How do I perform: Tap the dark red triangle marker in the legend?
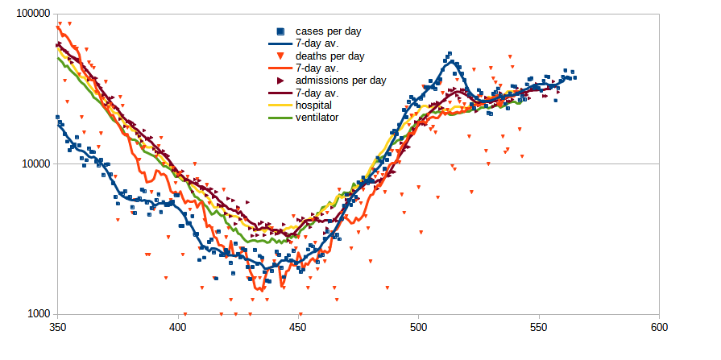point(280,81)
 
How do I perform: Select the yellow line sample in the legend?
point(280,105)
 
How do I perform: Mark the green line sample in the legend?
point(280,117)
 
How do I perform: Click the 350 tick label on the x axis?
point(57,328)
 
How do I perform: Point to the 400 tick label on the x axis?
point(177,328)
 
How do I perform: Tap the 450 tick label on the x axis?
point(298,328)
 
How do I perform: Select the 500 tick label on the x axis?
point(418,328)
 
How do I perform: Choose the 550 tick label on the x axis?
point(539,328)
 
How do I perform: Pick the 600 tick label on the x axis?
point(659,328)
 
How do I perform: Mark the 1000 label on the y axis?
point(37,314)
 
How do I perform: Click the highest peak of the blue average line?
point(452,60)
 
